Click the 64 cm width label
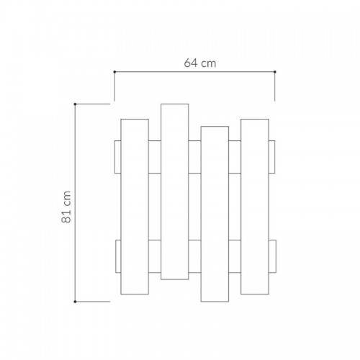tap(200, 63)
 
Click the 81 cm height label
tap(66, 207)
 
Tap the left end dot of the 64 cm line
tap(114, 72)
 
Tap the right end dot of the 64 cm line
tap(275, 72)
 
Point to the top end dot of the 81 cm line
tap(75, 104)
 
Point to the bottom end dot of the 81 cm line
tap(75, 302)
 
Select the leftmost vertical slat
tap(135, 207)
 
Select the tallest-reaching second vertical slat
tap(175, 192)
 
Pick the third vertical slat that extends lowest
tap(215, 214)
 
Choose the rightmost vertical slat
tap(255, 207)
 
